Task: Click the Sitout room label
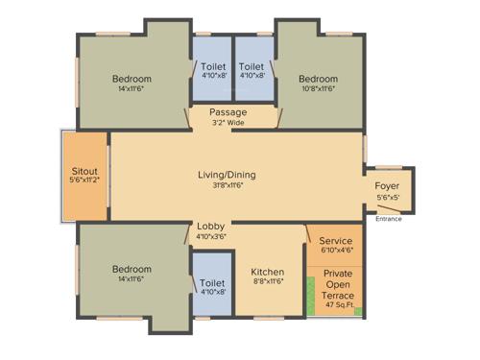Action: (85, 169)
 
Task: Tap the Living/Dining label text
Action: (227, 175)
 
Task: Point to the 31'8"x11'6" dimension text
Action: (227, 185)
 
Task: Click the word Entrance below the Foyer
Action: (389, 219)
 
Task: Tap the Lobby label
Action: (211, 227)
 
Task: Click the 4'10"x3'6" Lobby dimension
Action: (211, 236)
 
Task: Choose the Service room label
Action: (335, 241)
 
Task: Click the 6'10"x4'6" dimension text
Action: (335, 252)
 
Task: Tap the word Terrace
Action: (338, 296)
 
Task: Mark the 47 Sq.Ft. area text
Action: (338, 306)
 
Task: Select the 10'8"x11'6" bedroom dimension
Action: (318, 89)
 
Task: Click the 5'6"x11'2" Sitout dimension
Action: (85, 180)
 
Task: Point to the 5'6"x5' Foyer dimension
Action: (387, 198)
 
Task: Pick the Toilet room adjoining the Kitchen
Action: (212, 284)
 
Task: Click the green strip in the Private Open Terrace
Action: (311, 298)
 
